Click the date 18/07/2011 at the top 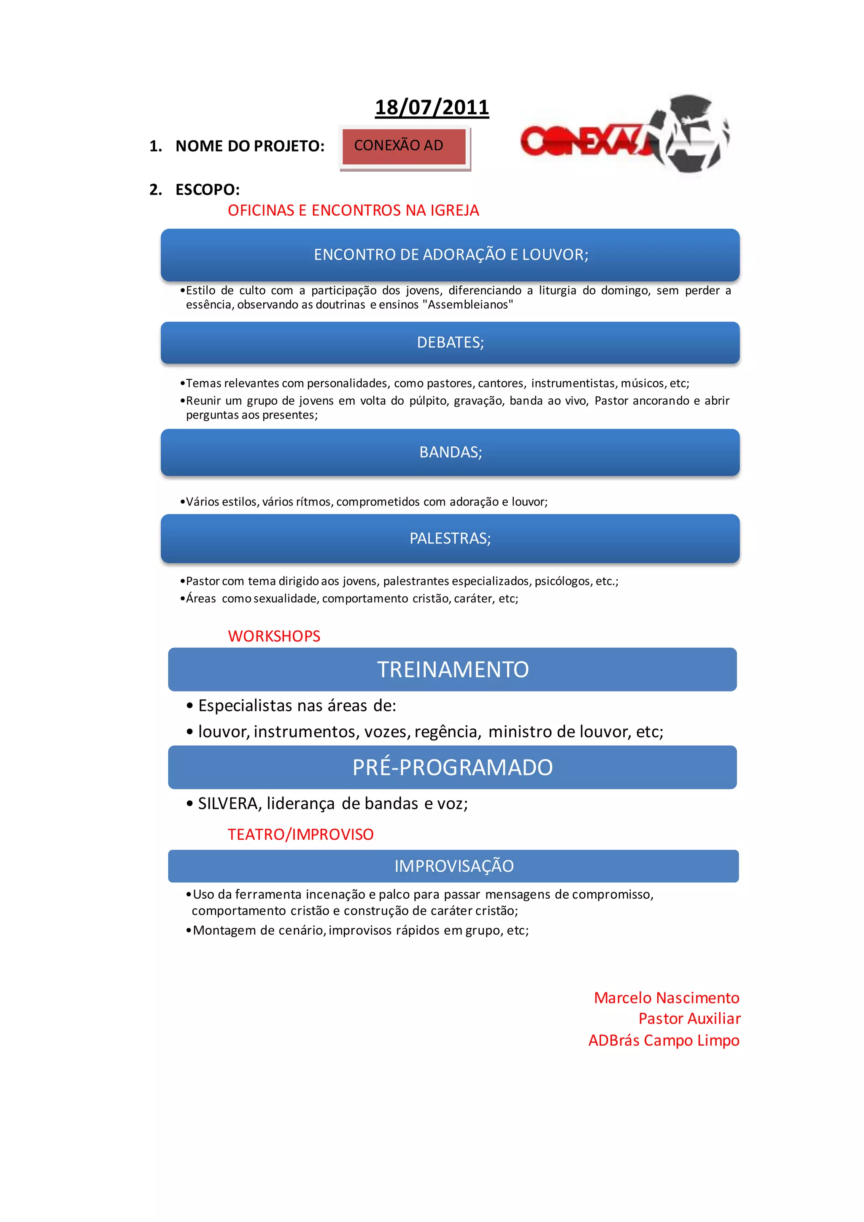tap(432, 108)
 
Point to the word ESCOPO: tap(208, 189)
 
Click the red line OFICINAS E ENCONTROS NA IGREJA tap(353, 210)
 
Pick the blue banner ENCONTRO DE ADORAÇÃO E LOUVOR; tap(450, 255)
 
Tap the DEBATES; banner tap(450, 342)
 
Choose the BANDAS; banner tap(450, 452)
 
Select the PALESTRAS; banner tap(450, 538)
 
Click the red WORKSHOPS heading tap(274, 636)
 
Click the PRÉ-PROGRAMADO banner tap(453, 767)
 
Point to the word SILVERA tap(228, 803)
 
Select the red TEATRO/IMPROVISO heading tap(301, 834)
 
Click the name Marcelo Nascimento tap(666, 998)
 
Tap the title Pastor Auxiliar tap(689, 1018)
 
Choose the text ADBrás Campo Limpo tap(664, 1040)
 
